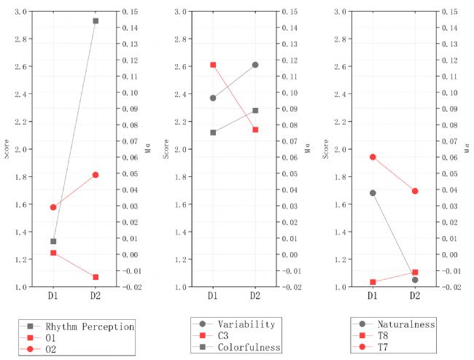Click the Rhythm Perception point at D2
point(96,21)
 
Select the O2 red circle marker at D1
point(53,207)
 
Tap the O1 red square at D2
point(96,277)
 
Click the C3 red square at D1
point(213,65)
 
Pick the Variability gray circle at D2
point(255,65)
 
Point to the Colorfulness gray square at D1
point(213,133)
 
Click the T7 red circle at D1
point(372,157)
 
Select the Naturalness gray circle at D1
point(372,193)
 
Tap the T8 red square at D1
point(372,282)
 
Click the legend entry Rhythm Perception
point(87,326)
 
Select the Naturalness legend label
point(405,324)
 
